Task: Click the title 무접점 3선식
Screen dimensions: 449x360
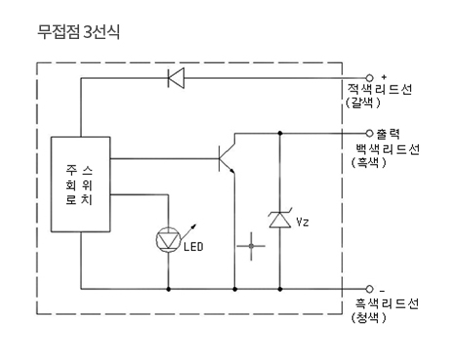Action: [x=78, y=32]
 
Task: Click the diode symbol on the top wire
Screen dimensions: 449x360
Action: [x=176, y=78]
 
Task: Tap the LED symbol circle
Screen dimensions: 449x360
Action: [x=169, y=240]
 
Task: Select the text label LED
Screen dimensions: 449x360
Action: [x=193, y=247]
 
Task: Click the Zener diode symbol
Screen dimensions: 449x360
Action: [x=280, y=219]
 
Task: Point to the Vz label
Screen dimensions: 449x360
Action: [x=303, y=221]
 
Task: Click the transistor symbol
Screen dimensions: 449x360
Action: [x=226, y=154]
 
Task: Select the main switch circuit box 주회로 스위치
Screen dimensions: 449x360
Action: [x=80, y=184]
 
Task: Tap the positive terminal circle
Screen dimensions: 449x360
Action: [x=369, y=78]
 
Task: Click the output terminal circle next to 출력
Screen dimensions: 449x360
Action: [x=369, y=134]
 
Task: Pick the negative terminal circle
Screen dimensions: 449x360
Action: [x=369, y=289]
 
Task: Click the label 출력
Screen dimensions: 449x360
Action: [x=388, y=134]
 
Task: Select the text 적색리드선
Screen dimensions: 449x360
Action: [x=380, y=89]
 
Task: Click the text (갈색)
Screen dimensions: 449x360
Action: [x=363, y=102]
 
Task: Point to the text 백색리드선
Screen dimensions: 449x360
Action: [x=388, y=149]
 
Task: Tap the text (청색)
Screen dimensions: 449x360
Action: [x=369, y=317]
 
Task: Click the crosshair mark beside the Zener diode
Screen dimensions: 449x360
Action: [x=251, y=246]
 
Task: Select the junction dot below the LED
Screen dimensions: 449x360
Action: [x=169, y=289]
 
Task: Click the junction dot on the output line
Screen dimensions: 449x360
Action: [x=280, y=134]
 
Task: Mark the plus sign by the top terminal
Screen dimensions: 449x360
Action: [x=384, y=77]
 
